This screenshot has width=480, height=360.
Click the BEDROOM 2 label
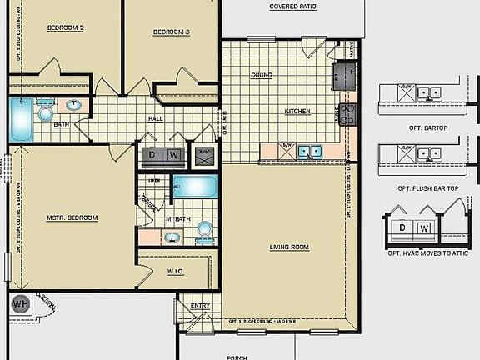[65, 27]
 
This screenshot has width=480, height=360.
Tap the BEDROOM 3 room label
[172, 32]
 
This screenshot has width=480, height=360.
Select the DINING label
[262, 75]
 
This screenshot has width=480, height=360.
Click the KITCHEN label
[297, 111]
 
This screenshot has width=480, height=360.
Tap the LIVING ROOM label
[289, 247]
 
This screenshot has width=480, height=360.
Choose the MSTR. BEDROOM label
[72, 217]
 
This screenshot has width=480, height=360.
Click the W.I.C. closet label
[175, 271]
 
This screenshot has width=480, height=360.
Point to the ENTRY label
[200, 306]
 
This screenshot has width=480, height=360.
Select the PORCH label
[237, 356]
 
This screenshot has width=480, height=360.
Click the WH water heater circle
[20, 303]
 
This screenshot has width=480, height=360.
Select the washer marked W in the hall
[173, 155]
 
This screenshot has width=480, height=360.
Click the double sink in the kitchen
[312, 151]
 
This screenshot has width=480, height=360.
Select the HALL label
[155, 119]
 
